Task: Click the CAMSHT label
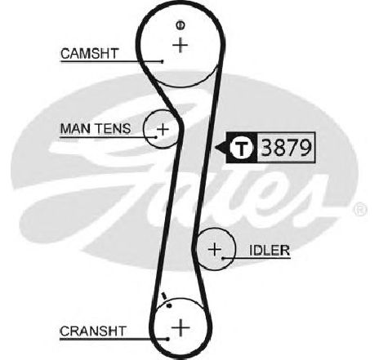90,53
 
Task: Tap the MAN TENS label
96,128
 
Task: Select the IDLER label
270,250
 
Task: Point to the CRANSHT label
93,331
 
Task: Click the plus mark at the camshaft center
181,45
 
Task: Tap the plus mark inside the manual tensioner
163,129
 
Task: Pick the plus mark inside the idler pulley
215,249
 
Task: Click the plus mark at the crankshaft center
181,327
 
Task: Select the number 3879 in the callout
286,148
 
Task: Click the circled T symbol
241,148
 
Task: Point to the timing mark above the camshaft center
180,25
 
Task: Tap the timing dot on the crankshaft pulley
169,306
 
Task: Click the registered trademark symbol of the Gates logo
360,210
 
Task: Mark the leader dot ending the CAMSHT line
163,62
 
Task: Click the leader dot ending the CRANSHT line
167,339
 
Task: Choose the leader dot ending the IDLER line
223,258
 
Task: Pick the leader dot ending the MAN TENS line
156,137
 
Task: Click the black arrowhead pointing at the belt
221,148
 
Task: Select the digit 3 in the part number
267,148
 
